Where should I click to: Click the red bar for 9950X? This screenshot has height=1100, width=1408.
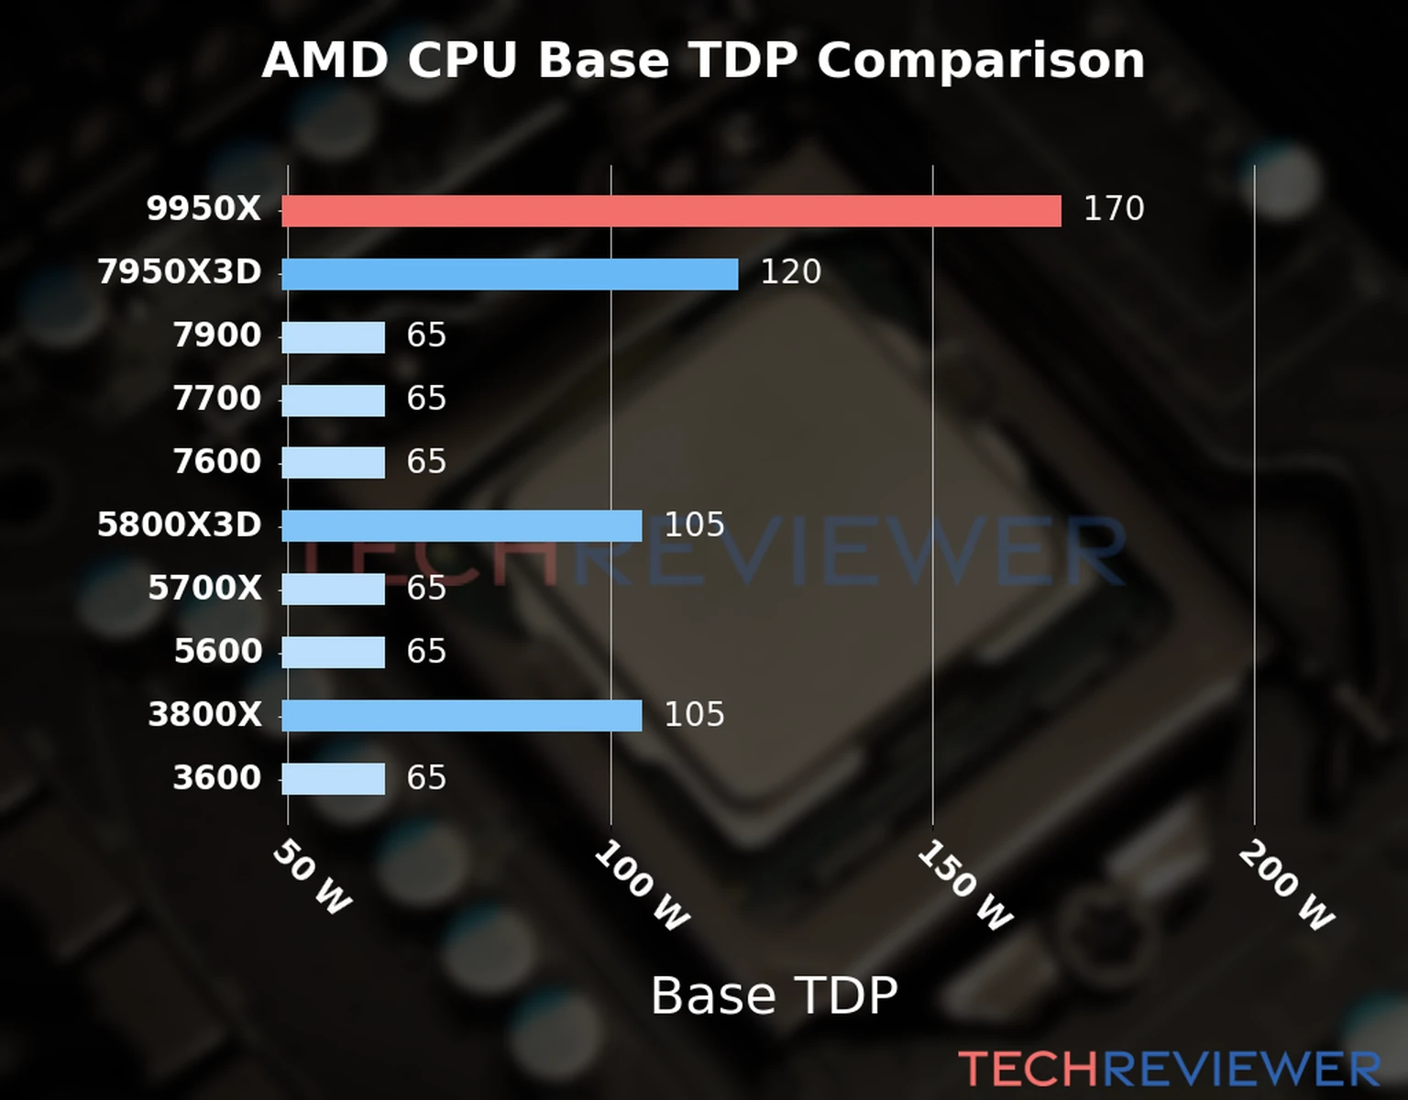tap(671, 211)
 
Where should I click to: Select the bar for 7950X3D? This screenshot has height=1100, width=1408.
tap(510, 274)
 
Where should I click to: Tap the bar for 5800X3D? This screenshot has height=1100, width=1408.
tap(461, 526)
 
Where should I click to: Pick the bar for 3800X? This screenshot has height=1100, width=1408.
tap(461, 716)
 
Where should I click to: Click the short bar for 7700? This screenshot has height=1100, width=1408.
tap(333, 401)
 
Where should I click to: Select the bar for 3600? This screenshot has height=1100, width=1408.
tap(333, 779)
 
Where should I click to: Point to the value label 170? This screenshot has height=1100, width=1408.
tap(1114, 209)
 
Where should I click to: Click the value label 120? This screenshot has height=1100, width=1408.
tap(790, 272)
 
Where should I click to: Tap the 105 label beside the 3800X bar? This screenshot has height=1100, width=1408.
tap(694, 715)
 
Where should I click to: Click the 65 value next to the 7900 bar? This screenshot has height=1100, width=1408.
tap(426, 335)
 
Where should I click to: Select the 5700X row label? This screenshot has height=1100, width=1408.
tap(204, 588)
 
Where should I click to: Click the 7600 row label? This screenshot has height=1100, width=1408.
tap(217, 462)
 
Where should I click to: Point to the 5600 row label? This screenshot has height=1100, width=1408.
tap(217, 652)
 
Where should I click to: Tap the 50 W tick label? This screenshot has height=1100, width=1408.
tap(313, 877)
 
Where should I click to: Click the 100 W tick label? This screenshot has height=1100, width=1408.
tap(642, 886)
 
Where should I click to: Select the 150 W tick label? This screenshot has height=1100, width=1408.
tap(964, 886)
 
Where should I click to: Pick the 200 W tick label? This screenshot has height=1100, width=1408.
tap(1286, 886)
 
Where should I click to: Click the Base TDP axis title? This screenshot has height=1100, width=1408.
tap(774, 995)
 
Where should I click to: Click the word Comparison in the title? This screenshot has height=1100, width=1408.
tap(980, 61)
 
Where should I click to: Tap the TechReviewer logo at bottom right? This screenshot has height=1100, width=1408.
tap(1169, 1070)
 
